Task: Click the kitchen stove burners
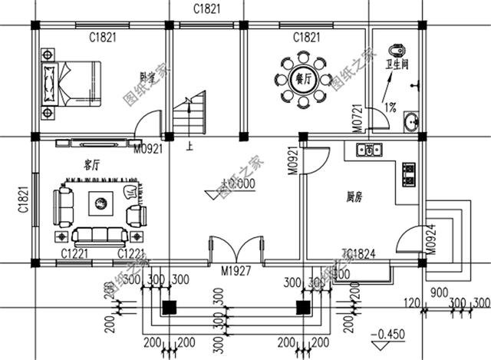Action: click(x=409, y=174)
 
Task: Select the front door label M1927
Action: click(x=238, y=270)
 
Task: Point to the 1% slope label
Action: click(x=389, y=107)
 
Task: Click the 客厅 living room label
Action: click(x=94, y=163)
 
